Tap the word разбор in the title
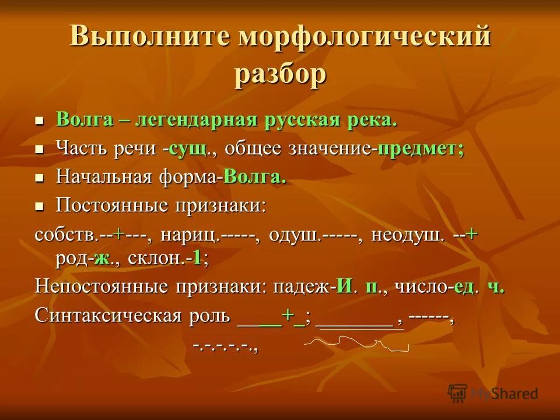click(280, 75)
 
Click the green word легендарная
click(196, 121)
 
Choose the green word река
click(374, 121)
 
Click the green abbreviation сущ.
click(188, 149)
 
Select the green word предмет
click(420, 149)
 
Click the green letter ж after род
click(103, 258)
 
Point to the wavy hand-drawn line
click(356, 344)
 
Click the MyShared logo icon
click(458, 392)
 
